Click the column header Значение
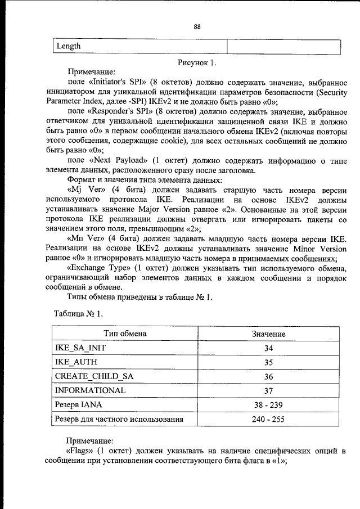pos(268,334)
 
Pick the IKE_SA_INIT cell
pos(80,348)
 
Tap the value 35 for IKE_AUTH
pos(268,362)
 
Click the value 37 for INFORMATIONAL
pos(268,390)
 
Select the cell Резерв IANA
pos(78,404)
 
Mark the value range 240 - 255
pos(268,419)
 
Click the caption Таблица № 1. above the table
pos(78,312)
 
